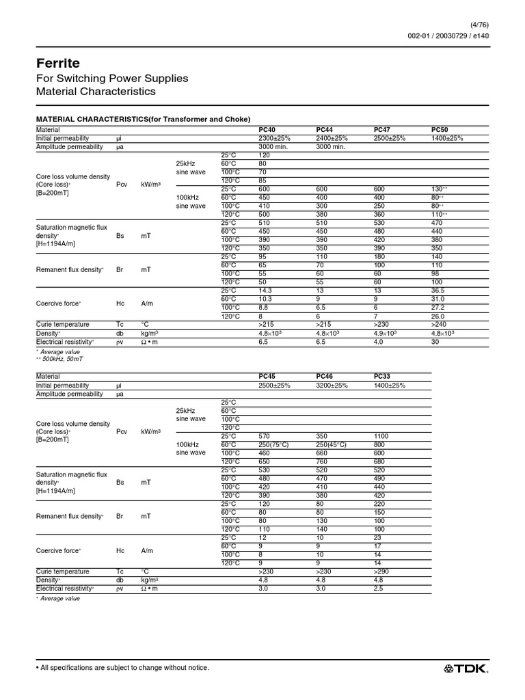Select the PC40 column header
(267, 130)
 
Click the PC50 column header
(441, 130)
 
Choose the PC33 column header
(383, 377)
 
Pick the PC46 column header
(325, 377)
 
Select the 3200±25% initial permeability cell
(332, 386)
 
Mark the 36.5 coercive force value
(438, 290)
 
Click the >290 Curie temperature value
(383, 571)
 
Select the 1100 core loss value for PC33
(381, 436)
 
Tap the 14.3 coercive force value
(266, 290)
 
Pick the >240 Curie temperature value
(440, 324)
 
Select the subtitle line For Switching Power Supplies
(111, 78)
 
